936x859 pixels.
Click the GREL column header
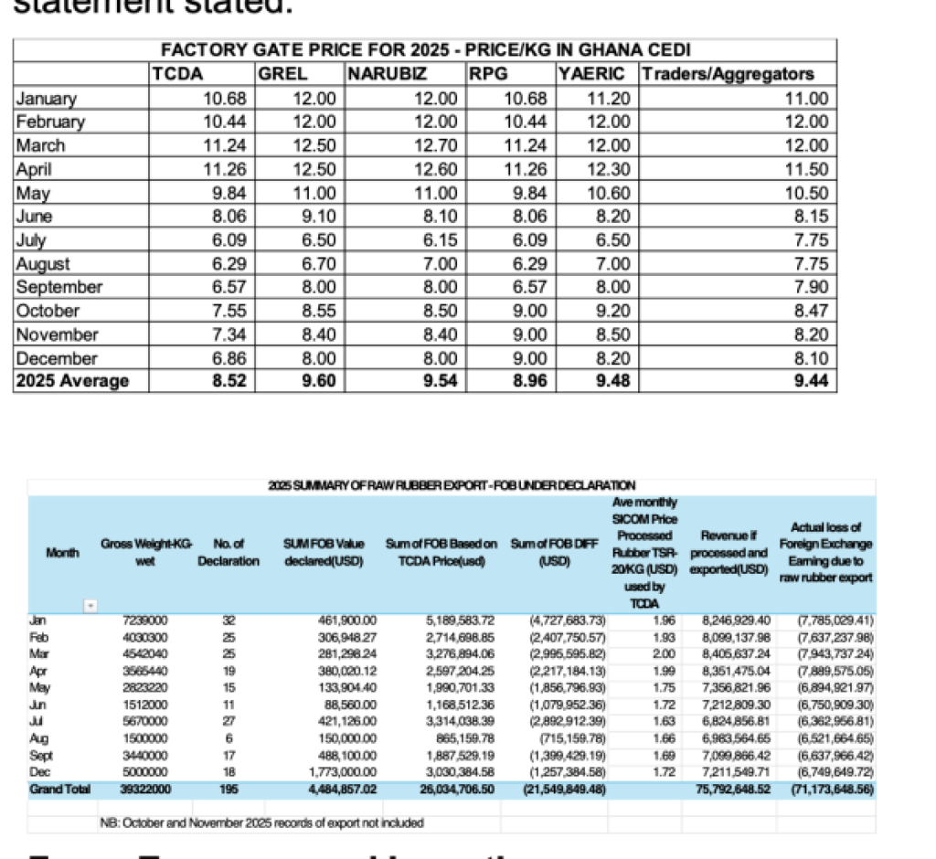pos(283,75)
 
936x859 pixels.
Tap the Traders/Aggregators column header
pos(728,75)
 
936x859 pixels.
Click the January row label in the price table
pos(47,99)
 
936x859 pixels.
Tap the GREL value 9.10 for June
pos(318,217)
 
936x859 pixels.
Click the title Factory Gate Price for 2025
pos(425,49)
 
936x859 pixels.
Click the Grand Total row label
pos(59,788)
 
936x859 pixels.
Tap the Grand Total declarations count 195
pos(229,788)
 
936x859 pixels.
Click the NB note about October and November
pos(261,822)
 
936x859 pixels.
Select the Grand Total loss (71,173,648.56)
pos(831,788)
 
